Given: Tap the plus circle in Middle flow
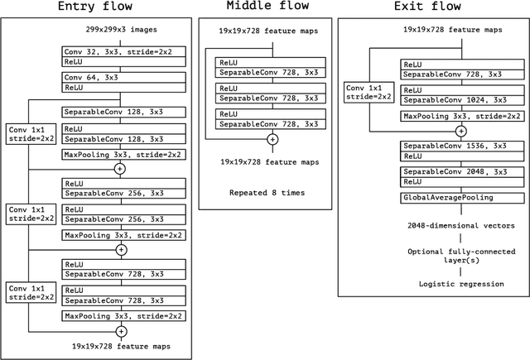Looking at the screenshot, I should point(272,141).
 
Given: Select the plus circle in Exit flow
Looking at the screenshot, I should point(461,131).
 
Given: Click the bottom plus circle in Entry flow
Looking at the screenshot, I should point(121,331).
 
